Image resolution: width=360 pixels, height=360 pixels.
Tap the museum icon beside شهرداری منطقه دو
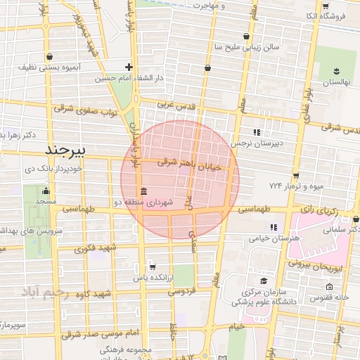tap(143, 192)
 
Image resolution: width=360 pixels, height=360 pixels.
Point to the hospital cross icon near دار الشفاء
tap(129, 67)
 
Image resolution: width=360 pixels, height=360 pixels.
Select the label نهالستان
tap(336, 82)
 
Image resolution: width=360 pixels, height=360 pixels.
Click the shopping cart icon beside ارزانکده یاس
tap(152, 268)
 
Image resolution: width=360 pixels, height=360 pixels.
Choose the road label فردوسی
tap(179, 290)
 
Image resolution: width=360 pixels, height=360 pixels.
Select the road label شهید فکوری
tap(97, 248)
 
